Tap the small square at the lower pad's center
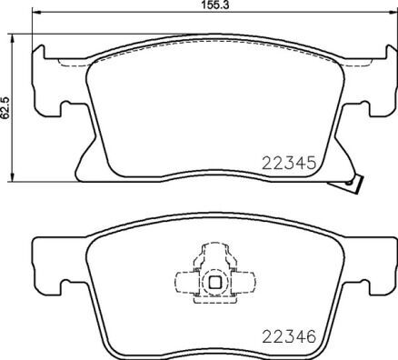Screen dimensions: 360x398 (215, 282)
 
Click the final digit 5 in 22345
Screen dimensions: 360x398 (310, 165)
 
